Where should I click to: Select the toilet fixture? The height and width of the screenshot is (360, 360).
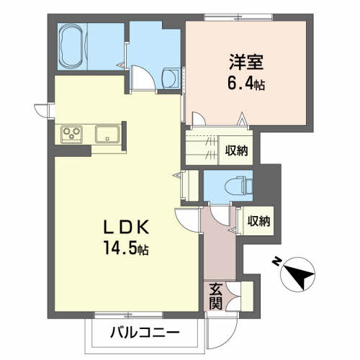coord(233,186)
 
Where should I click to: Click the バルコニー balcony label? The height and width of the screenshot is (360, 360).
coord(145,333)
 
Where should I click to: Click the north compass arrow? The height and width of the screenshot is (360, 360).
coord(297,275)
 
